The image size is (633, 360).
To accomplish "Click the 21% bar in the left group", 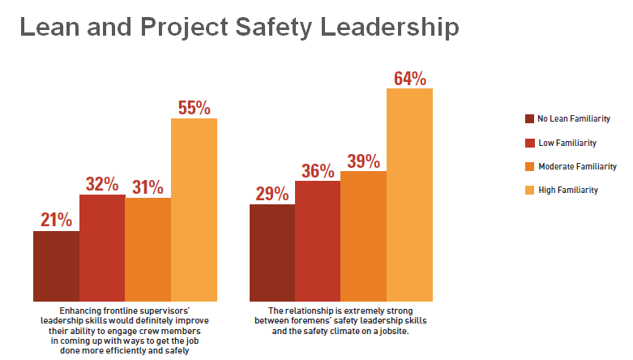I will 56,266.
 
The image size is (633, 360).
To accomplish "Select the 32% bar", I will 102,247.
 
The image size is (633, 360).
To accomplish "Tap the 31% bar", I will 148,249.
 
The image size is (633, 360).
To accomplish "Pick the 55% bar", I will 194,209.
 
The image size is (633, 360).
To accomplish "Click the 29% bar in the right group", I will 272,252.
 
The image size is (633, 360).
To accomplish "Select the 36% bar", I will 318,241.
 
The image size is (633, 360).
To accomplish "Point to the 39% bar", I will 363,236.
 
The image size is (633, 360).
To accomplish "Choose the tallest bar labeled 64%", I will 409,195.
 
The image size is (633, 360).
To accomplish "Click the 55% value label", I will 195,108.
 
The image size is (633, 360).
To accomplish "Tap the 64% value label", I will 410,79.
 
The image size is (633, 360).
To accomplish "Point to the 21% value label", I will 57,220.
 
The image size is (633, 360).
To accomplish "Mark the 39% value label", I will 364,161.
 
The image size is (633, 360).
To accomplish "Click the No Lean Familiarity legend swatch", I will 530,119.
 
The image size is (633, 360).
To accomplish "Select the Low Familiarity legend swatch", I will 530,143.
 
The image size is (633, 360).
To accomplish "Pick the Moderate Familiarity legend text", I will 580,166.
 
